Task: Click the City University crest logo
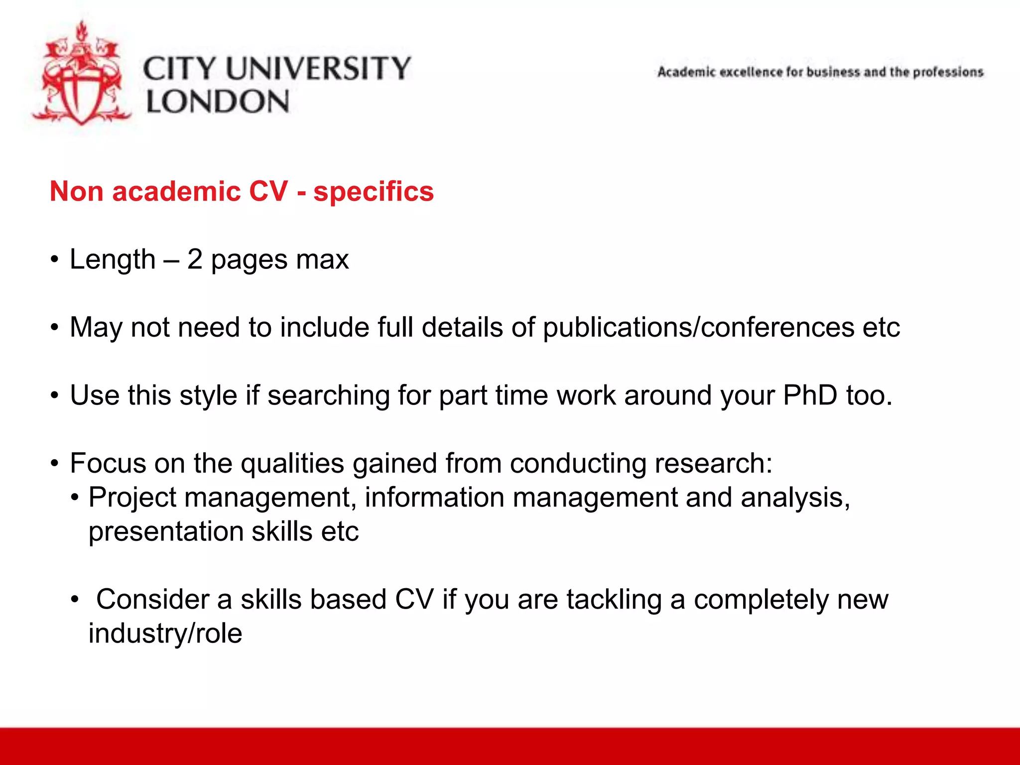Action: (81, 75)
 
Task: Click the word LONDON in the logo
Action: (218, 102)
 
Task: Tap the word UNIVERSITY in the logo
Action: (319, 68)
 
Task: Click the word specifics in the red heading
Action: (374, 192)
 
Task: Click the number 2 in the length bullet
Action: (195, 259)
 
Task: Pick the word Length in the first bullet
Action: (113, 259)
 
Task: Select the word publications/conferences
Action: (698, 328)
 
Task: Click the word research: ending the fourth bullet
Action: (713, 463)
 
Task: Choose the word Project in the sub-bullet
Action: (132, 498)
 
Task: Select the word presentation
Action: (166, 532)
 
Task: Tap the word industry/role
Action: (165, 634)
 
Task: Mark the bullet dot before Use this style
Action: (55, 396)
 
